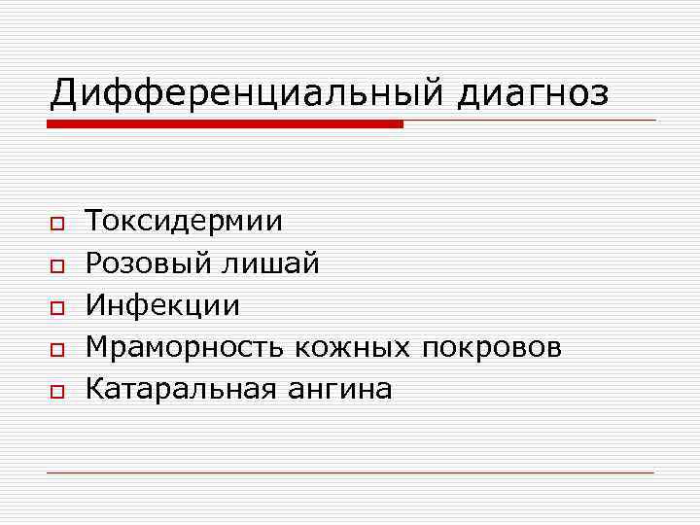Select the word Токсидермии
185,222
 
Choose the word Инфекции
162,305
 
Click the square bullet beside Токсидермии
57,224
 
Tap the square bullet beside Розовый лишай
57,265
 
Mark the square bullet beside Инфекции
57,307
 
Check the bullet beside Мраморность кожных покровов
57,349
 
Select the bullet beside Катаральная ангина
57,391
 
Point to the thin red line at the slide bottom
350,472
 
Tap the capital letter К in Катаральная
94,390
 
